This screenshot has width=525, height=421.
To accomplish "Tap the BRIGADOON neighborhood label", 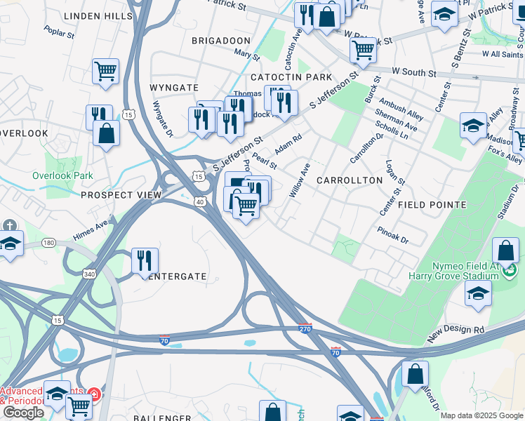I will click(221, 41).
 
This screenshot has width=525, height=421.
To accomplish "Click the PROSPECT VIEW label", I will click(121, 194).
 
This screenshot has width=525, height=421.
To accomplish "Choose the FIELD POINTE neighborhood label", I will click(432, 205).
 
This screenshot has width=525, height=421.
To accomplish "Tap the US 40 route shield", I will click(199, 201).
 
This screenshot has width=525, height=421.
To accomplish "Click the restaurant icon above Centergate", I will click(145, 260).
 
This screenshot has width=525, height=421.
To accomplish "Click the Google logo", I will click(23, 412).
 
